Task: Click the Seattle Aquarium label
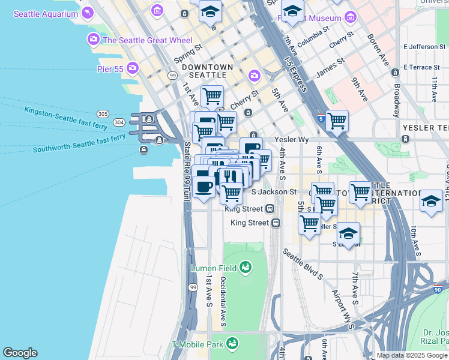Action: point(46,13)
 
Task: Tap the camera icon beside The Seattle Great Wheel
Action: point(93,40)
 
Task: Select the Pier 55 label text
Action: point(110,69)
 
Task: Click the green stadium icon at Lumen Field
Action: point(245,267)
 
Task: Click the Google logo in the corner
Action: point(20,353)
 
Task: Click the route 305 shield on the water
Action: point(102,114)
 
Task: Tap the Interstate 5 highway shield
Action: point(322,118)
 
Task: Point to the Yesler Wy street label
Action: point(291,139)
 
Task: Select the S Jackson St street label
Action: point(274,192)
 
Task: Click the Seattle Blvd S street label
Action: point(303,265)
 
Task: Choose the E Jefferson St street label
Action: point(426,46)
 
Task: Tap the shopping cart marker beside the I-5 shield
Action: point(337,121)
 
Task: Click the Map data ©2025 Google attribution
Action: point(412,355)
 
